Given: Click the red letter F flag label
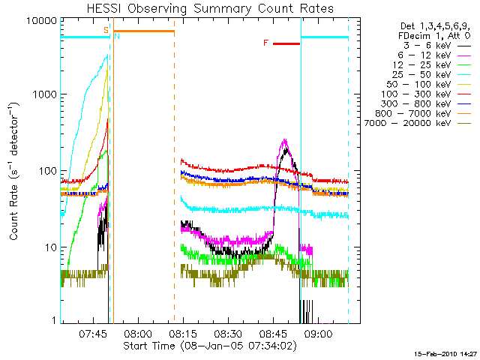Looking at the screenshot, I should pos(265,43).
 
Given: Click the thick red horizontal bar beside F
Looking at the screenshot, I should pos(286,43).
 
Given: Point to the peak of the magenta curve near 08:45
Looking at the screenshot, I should pos(284,139).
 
